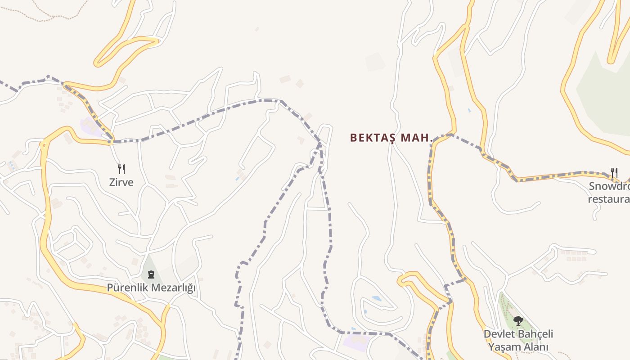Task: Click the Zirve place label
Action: (x=121, y=182)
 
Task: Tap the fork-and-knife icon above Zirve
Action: (x=121, y=169)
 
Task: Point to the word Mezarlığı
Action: (x=174, y=288)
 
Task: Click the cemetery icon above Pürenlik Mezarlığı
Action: (x=151, y=274)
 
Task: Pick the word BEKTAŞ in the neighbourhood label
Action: (x=372, y=138)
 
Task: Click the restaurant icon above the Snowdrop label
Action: (x=614, y=172)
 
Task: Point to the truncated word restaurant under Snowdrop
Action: (x=609, y=199)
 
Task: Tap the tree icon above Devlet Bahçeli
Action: (x=518, y=321)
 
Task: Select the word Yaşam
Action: (x=503, y=347)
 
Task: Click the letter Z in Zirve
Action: (x=112, y=182)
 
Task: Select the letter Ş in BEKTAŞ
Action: (x=391, y=138)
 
